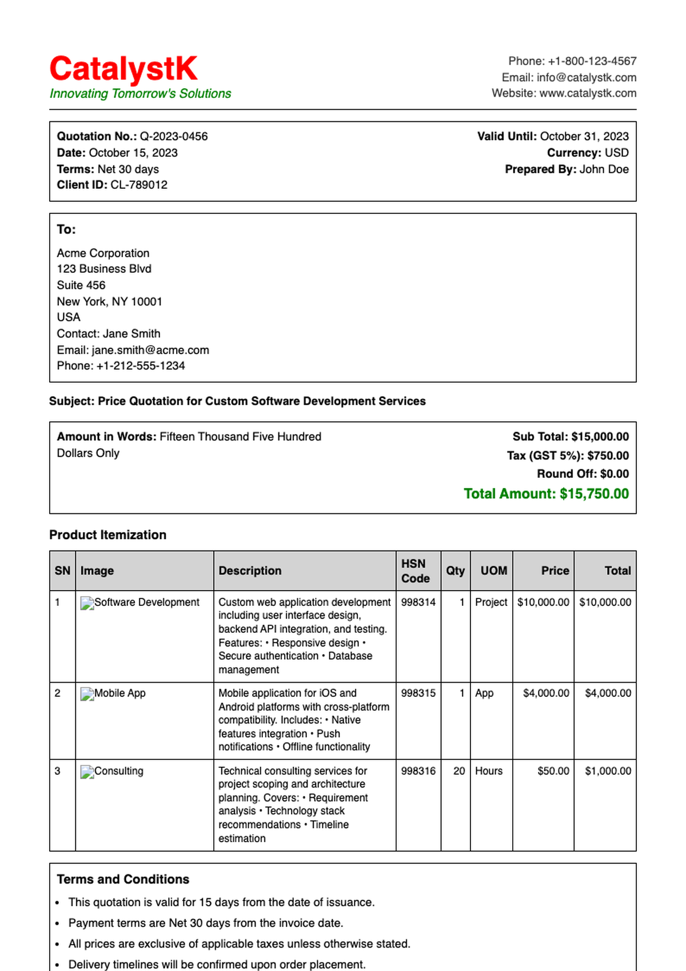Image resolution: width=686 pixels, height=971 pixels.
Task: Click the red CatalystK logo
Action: [x=123, y=69]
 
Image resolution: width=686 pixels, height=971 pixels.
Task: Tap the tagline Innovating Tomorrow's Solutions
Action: [x=140, y=94]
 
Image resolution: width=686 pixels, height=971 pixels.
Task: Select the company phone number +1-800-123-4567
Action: [x=592, y=61]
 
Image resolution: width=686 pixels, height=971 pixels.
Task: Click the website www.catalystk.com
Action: [x=588, y=93]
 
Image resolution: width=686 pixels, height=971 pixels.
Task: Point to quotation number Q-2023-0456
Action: [x=174, y=136]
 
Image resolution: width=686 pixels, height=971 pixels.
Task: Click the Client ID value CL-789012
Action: [x=139, y=185]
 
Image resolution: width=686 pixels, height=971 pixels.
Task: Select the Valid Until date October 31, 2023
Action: [x=584, y=136]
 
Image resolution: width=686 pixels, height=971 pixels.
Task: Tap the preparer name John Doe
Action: [x=604, y=169]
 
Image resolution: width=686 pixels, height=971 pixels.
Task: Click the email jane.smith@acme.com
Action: [x=150, y=350]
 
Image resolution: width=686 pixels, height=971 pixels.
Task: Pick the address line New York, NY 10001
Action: [x=110, y=302]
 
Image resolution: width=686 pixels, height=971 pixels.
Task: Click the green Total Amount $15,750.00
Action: [x=546, y=494]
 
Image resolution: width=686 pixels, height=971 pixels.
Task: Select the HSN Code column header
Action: [x=416, y=570]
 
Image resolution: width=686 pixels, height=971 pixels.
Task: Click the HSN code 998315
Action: [x=418, y=693]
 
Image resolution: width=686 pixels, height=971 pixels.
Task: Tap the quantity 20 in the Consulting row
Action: [x=459, y=771]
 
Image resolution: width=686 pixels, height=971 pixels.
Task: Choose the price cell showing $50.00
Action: [x=553, y=771]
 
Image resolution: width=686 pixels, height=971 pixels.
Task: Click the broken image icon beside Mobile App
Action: [x=87, y=694]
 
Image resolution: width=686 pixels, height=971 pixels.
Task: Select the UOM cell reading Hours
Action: [x=489, y=771]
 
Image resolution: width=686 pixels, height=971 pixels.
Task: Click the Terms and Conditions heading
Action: [x=123, y=879]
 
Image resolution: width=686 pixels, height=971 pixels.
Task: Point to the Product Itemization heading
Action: [x=107, y=535]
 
